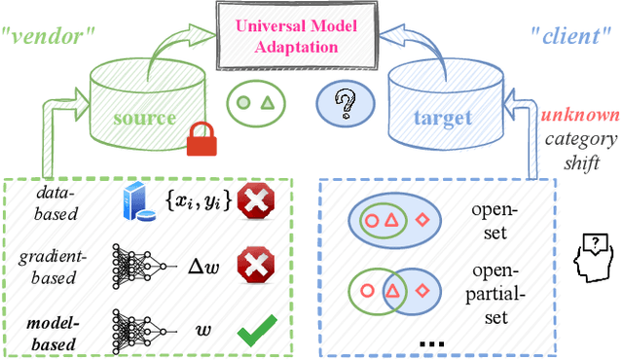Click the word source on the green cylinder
coord(143,119)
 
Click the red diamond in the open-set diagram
coord(422,220)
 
